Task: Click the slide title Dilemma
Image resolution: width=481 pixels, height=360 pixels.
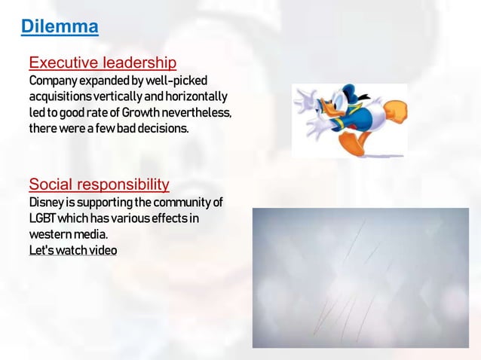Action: coord(60,28)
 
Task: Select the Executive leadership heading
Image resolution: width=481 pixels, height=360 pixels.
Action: coord(103,62)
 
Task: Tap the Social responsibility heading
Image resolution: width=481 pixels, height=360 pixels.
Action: coord(99,185)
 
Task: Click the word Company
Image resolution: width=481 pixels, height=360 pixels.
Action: coord(52,80)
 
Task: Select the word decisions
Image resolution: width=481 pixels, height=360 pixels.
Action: coord(161,130)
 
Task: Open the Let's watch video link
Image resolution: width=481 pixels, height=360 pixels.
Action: coord(72,251)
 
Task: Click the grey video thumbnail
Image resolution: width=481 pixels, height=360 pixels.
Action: coord(360,278)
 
